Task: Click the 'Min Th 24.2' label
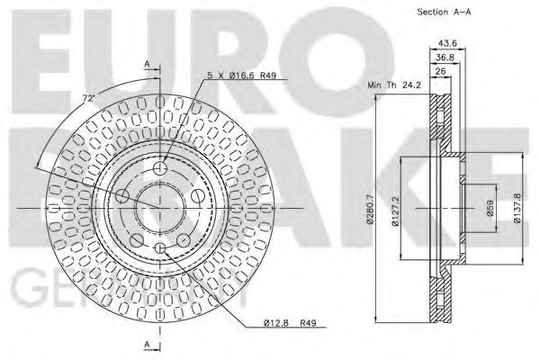pos(392,85)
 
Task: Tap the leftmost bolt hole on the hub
pos(123,195)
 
